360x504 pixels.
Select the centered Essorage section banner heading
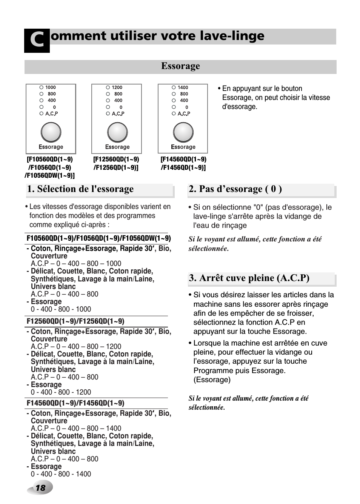pos(180,66)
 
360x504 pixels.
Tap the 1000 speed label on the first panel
pos(51,88)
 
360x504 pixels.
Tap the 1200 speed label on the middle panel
pos(117,88)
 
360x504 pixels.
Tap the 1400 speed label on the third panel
pos(183,88)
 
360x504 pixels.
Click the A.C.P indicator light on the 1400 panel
pos(174,114)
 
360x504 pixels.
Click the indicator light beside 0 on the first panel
pos(42,107)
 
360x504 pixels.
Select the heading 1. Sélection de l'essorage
pos(80,189)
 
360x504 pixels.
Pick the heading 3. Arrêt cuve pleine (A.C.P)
pos(249,278)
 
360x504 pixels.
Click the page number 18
pos(40,488)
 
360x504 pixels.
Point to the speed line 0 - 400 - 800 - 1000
pos(61,309)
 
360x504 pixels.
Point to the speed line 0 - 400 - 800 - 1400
pos(61,474)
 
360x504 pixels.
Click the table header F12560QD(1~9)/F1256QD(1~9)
pos(75,321)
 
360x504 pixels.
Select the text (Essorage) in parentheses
pos(212,380)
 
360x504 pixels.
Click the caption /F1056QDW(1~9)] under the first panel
pos(49,176)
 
